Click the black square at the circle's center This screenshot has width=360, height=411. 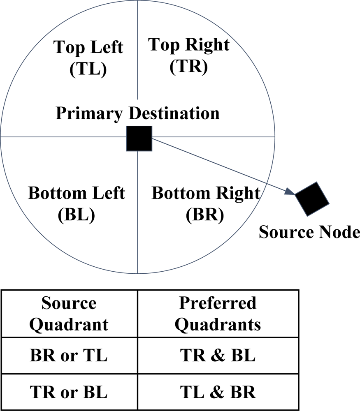tap(139, 138)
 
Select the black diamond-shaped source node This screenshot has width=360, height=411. tap(312, 199)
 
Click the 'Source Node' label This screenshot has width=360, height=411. tap(309, 233)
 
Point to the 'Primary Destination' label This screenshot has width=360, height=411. tap(137, 113)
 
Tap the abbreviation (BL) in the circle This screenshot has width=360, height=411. tap(77, 215)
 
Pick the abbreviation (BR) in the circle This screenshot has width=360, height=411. tap(205, 215)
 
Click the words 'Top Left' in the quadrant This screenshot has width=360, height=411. tap(88, 47)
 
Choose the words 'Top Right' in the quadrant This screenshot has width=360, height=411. tap(188, 44)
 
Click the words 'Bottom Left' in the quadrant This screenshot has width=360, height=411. tap(77, 193)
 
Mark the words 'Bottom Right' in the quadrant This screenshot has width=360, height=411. tap(206, 193)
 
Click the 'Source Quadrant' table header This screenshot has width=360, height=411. tap(69, 314)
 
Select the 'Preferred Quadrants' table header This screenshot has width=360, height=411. tap(218, 314)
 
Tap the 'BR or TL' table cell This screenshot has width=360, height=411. tap(69, 356)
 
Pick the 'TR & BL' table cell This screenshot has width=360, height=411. tap(218, 356)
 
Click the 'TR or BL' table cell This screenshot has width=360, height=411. tap(69, 392)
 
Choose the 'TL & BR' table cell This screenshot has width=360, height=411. tap(218, 392)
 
